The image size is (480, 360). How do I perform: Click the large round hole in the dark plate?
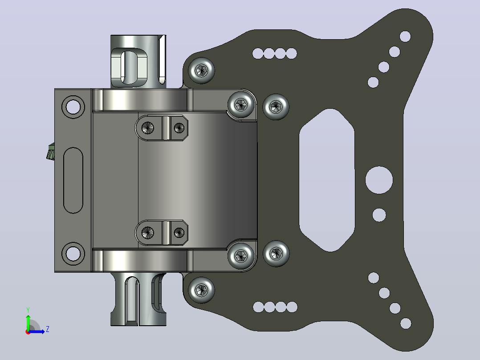pyautogui.click(x=379, y=180)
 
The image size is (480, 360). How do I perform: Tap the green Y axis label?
pyautogui.click(x=28, y=310)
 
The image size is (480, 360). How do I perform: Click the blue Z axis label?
pyautogui.click(x=48, y=329)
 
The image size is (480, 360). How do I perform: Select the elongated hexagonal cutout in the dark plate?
pyautogui.click(x=327, y=180)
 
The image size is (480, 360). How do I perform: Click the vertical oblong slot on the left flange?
pyautogui.click(x=73, y=180)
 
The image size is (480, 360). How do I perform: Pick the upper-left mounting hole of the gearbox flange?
pyautogui.click(x=73, y=107)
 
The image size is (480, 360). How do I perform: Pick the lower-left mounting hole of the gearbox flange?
pyautogui.click(x=73, y=254)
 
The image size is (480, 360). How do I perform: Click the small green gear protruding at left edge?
pyautogui.click(x=51, y=151)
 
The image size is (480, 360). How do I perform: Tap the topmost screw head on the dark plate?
pyautogui.click(x=201, y=70)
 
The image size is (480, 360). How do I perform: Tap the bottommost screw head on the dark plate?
pyautogui.click(x=201, y=290)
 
